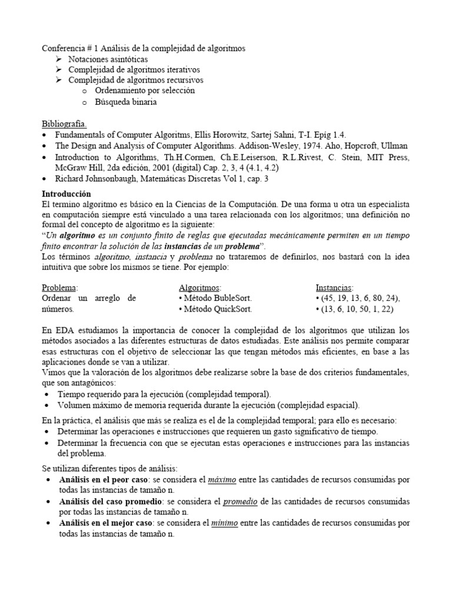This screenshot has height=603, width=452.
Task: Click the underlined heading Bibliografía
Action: [x=64, y=124]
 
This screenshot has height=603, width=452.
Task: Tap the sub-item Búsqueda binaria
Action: [x=125, y=102]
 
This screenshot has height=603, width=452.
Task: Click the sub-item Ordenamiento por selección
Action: [x=144, y=91]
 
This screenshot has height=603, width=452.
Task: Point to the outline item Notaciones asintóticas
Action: [x=108, y=59]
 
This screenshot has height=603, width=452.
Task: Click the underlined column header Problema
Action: [x=59, y=287]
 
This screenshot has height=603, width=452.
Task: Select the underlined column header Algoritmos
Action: [x=200, y=287]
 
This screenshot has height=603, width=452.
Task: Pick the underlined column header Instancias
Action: [x=334, y=287]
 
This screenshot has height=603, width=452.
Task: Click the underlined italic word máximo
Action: [x=222, y=480]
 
